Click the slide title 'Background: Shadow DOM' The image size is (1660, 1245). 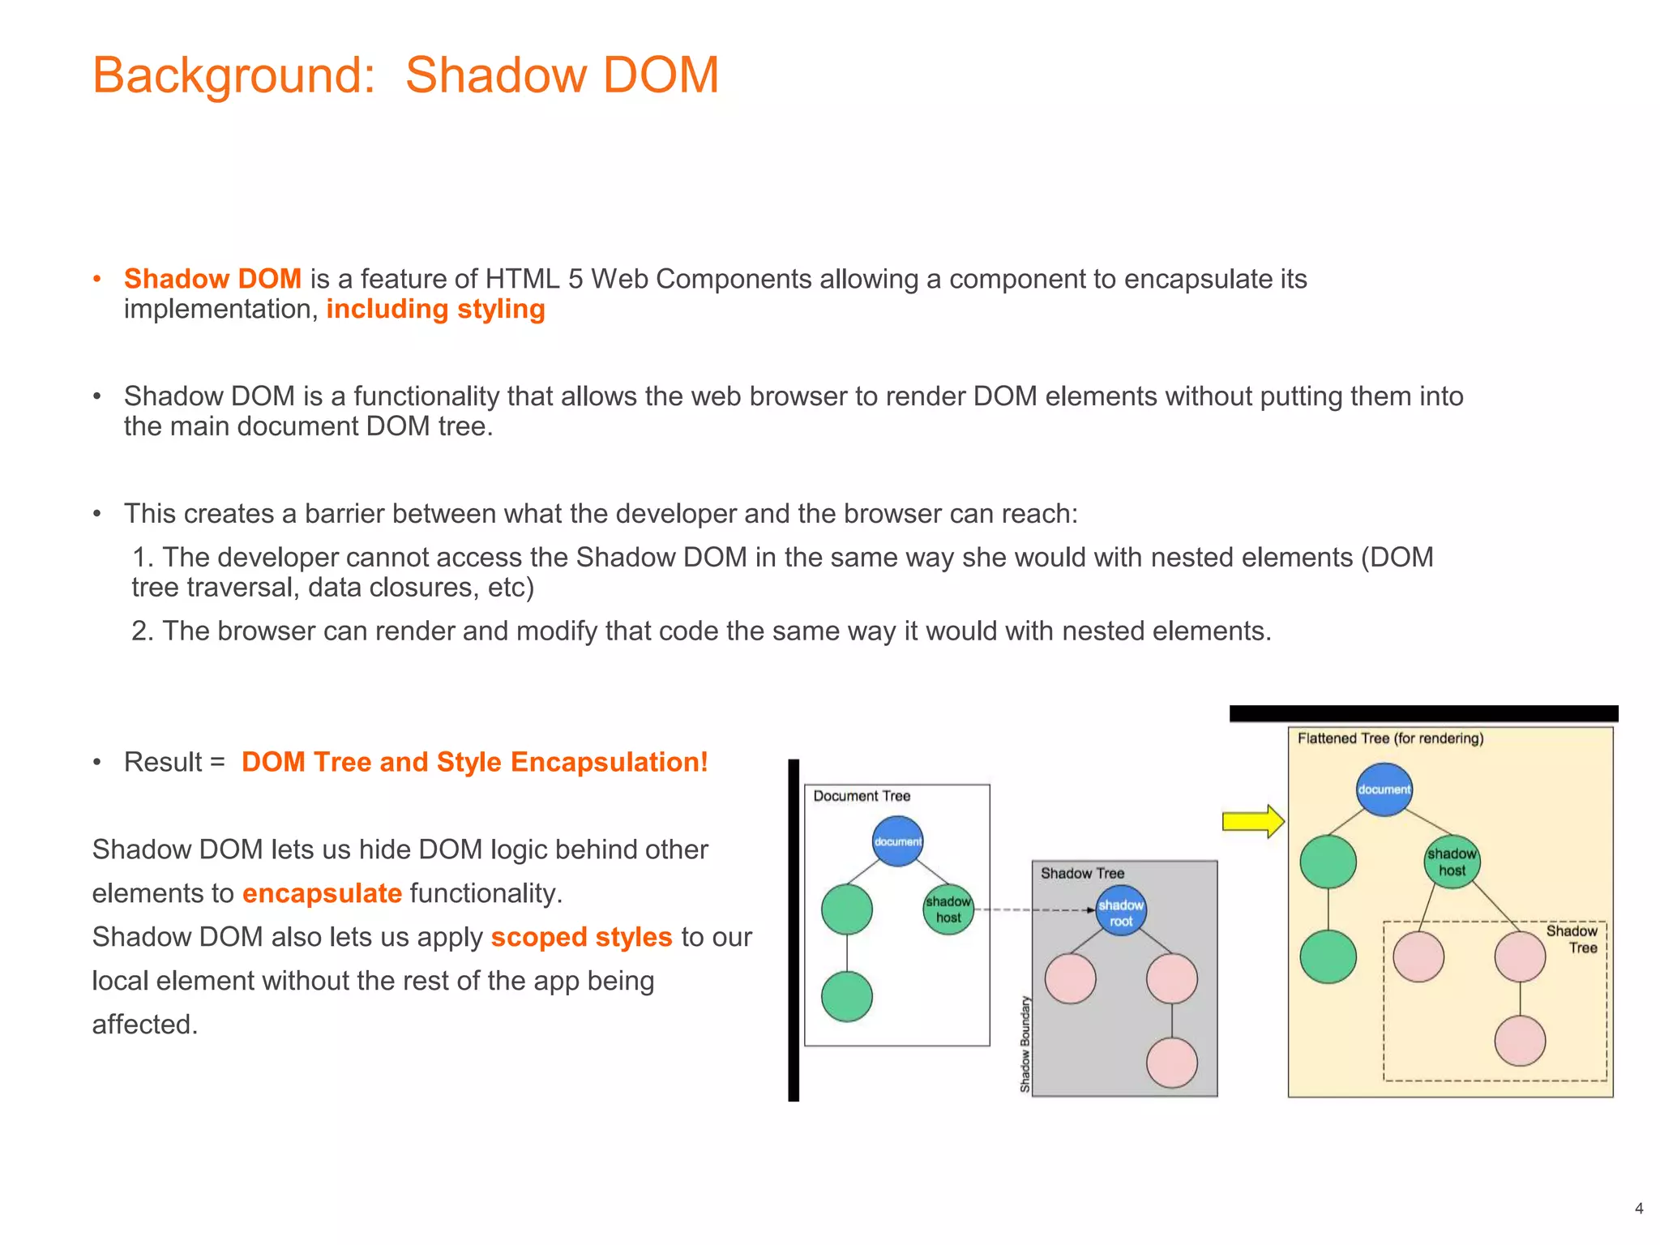coord(405,75)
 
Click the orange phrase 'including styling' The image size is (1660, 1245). coord(435,309)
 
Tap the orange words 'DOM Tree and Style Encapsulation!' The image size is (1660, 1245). coord(474,762)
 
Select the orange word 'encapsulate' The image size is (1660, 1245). coord(322,893)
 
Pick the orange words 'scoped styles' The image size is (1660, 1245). coord(581,937)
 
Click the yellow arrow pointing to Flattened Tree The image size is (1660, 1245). coord(1252,821)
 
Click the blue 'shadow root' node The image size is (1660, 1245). coord(1121,913)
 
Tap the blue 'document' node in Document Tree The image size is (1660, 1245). coord(897,841)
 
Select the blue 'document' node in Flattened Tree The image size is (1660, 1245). coord(1384,789)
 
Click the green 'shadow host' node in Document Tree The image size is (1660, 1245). coord(948,909)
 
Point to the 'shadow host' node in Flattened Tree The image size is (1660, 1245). coord(1452,862)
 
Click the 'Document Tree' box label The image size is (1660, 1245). coord(862,796)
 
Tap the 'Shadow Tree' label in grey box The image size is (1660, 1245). coord(1082,873)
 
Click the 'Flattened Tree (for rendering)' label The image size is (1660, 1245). coord(1390,738)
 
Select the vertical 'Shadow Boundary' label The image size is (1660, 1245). coord(1025,1044)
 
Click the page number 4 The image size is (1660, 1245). coord(1639,1209)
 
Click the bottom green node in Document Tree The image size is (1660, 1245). coord(846,996)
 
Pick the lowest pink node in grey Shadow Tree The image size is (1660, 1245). coord(1171,1063)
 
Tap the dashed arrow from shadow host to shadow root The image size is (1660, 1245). coord(1033,910)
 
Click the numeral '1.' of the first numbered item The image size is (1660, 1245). coord(143,558)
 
